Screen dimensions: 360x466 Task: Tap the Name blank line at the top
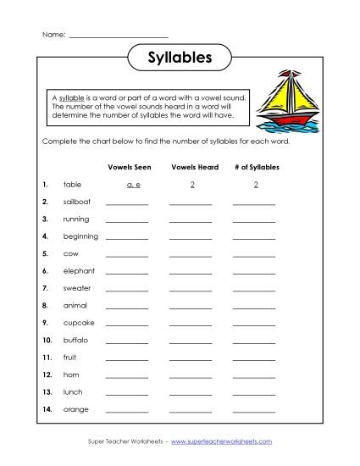point(118,35)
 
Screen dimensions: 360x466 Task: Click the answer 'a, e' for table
point(126,184)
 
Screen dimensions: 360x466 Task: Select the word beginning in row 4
point(80,236)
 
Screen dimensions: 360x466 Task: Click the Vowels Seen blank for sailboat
point(126,203)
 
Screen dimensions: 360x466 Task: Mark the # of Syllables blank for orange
point(254,411)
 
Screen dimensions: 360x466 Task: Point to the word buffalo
point(75,340)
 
